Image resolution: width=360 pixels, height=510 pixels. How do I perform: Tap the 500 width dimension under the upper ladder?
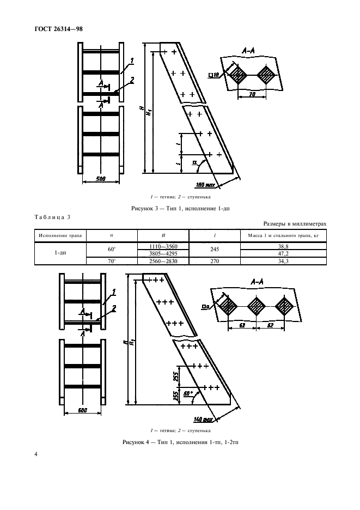click(x=100, y=178)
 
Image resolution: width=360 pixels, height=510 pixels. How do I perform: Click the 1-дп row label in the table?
click(x=60, y=254)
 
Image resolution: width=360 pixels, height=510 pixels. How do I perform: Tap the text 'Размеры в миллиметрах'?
click(x=295, y=223)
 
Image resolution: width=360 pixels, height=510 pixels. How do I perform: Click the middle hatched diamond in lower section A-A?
click(x=257, y=307)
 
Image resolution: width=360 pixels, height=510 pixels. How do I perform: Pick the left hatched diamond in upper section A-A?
click(x=239, y=76)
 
